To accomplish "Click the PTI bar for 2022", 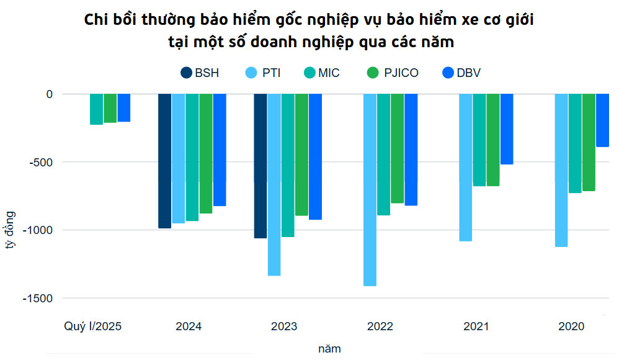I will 370,189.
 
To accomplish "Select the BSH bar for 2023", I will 261,166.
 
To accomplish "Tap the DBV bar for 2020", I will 602,120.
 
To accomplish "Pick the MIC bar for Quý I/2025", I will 96,109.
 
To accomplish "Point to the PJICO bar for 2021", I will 493,140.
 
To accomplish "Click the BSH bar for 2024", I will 165,161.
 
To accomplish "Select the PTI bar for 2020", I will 561,170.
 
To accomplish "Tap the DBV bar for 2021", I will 507,129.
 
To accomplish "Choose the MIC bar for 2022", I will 383,155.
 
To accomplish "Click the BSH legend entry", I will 200,73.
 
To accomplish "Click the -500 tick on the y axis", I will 40,162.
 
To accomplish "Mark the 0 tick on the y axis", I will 50,94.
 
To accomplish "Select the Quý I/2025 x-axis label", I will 93,326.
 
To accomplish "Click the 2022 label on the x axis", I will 380,326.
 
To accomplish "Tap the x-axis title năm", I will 329,349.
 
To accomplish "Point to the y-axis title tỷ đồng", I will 11,230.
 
